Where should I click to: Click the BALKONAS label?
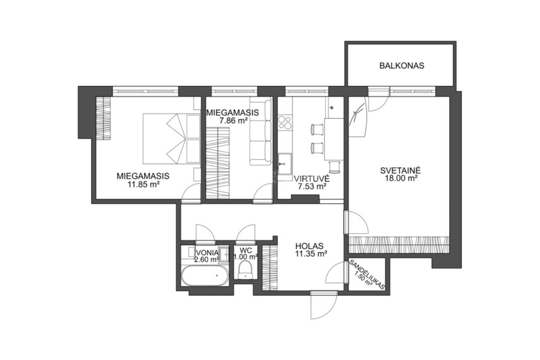click(402, 66)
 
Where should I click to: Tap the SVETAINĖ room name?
click(401, 170)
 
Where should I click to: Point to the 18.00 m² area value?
click(401, 178)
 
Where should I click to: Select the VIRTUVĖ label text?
click(311, 179)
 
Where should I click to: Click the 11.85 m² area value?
click(143, 184)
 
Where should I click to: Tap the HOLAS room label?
click(309, 246)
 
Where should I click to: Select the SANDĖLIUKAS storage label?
click(368, 275)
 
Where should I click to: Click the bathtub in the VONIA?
click(205, 275)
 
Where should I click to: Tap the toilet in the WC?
click(246, 270)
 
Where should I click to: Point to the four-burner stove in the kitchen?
click(285, 121)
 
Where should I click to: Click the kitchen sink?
click(285, 164)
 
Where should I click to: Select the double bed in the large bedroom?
click(171, 138)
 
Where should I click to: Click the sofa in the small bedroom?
click(260, 131)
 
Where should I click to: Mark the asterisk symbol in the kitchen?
click(332, 108)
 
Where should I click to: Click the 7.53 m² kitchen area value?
click(312, 186)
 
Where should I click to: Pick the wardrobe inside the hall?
click(270, 267)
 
